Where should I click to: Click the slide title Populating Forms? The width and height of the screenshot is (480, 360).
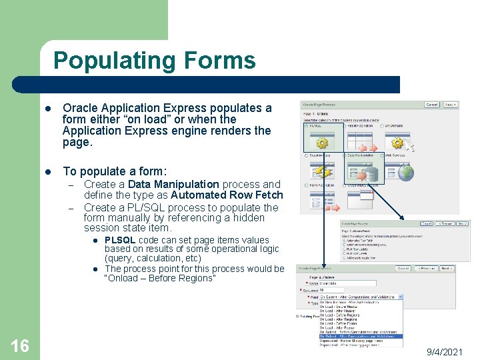click(x=154, y=61)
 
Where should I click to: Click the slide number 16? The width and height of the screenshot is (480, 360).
click(x=20, y=345)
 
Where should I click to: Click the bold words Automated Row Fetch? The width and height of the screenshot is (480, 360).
click(x=227, y=195)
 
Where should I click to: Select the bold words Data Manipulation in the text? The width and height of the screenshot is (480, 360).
click(x=173, y=184)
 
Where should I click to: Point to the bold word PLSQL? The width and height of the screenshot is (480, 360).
click(x=120, y=240)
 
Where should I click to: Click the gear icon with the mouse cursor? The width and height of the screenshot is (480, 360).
click(x=322, y=143)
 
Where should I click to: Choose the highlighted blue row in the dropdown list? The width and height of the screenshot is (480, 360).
click(x=360, y=336)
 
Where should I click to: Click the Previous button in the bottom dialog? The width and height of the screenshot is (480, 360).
click(x=423, y=269)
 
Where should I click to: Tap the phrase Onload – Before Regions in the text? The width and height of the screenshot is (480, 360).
click(x=160, y=278)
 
